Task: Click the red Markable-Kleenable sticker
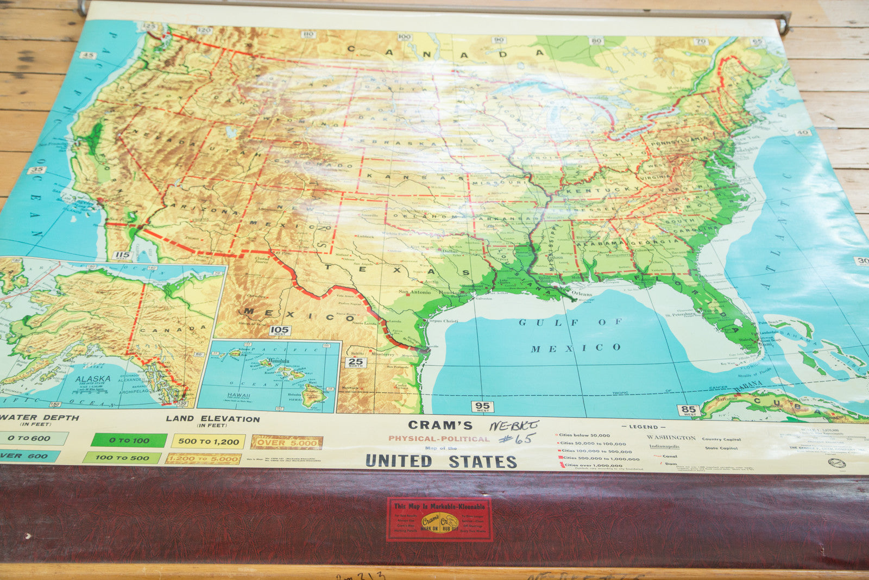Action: coord(440,519)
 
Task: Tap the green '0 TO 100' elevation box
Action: coord(129,440)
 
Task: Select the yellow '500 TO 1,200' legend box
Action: coord(208,441)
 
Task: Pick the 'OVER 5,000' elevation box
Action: coord(287,442)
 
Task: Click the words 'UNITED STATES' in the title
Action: coord(441,461)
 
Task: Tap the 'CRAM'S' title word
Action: coord(440,425)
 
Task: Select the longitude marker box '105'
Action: coord(280,330)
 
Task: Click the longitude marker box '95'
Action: coord(482,406)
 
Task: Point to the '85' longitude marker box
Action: coord(688,410)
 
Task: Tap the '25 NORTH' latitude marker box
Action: coord(356,363)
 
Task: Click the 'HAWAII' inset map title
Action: coord(238,396)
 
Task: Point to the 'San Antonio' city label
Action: coord(414,292)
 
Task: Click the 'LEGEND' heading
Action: coord(643,427)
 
